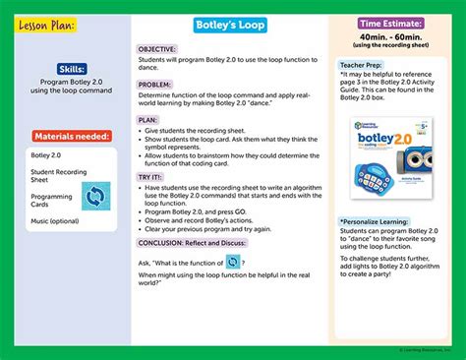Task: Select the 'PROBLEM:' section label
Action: pos(154,86)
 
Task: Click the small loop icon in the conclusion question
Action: pos(233,263)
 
